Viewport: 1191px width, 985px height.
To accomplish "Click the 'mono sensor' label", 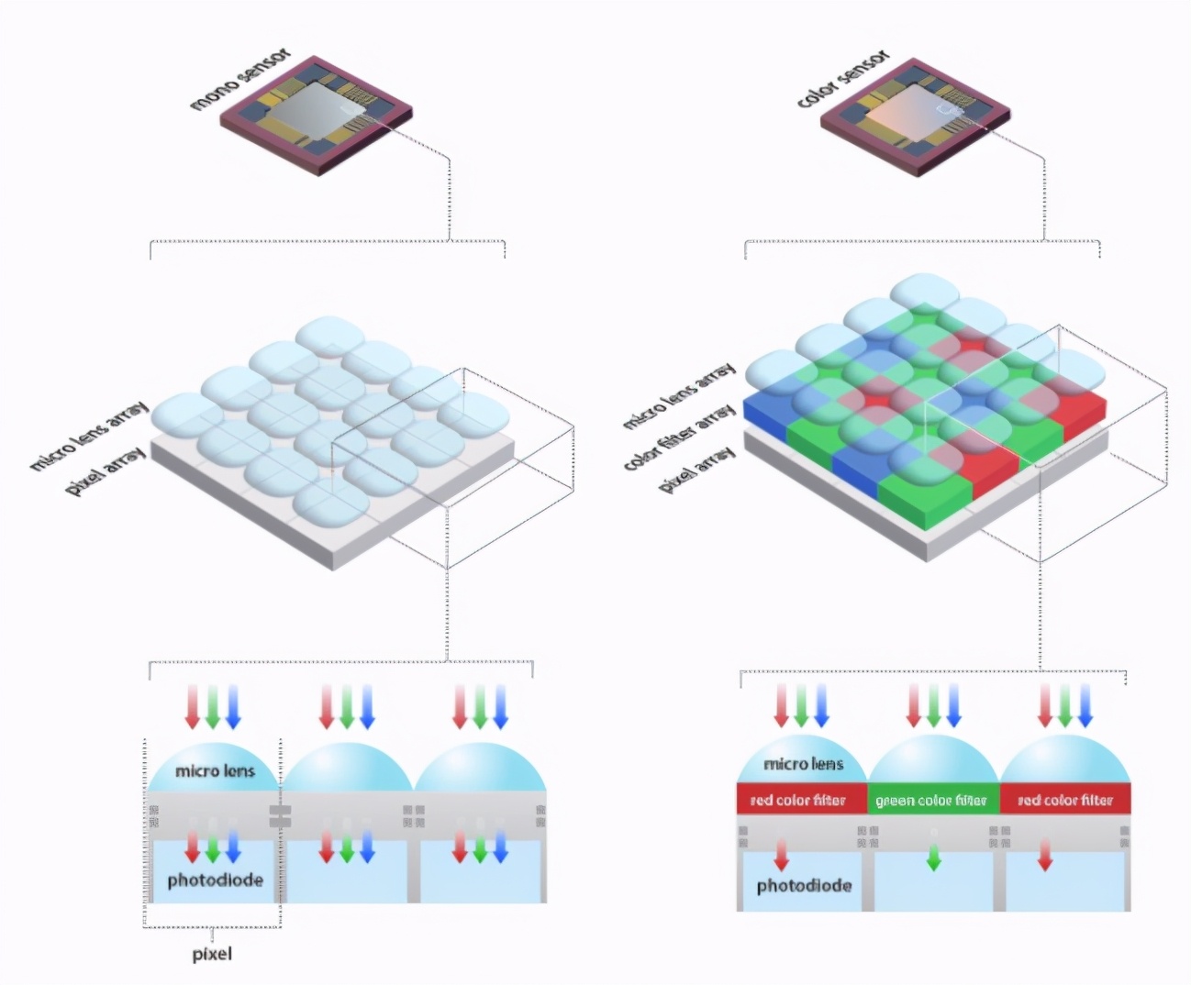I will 240,80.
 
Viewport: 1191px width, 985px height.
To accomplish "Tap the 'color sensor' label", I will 843,79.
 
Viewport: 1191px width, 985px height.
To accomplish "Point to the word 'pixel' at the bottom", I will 212,954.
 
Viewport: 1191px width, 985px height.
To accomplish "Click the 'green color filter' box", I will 931,800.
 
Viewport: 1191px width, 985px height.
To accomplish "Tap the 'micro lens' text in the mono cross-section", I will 215,770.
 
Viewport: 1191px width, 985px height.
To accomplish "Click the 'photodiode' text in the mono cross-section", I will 215,880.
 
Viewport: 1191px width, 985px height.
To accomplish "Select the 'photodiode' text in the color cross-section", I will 804,886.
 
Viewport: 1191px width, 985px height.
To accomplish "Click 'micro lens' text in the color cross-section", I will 803,763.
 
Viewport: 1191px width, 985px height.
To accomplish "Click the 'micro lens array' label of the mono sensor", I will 89,436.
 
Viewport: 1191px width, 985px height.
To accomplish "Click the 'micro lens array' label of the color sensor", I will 679,396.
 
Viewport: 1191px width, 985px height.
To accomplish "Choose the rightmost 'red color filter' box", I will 1064,800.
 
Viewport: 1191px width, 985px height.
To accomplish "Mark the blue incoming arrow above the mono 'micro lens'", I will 233,706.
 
